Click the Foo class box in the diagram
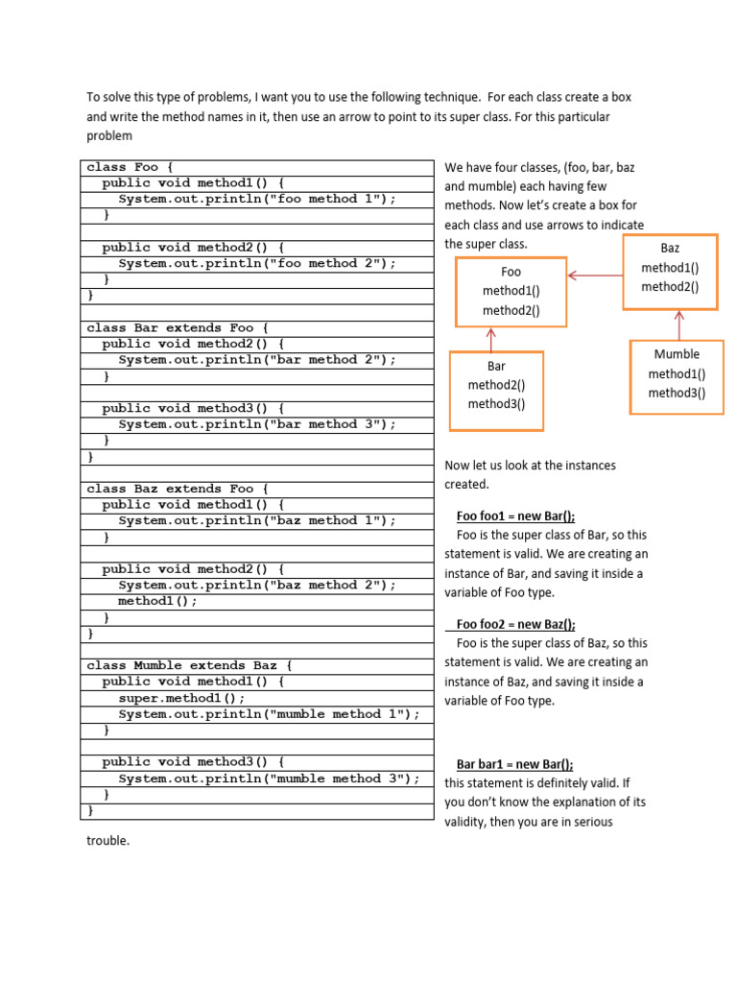point(511,291)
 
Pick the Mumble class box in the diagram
point(677,375)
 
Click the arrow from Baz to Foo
point(595,276)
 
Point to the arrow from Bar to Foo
point(491,338)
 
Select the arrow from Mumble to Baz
point(679,324)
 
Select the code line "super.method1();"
point(181,698)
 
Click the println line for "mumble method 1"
point(269,714)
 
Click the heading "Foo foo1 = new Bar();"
point(515,515)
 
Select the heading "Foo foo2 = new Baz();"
point(515,624)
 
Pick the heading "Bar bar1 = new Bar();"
point(514,764)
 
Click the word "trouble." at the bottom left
point(107,841)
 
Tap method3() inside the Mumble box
point(677,393)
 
